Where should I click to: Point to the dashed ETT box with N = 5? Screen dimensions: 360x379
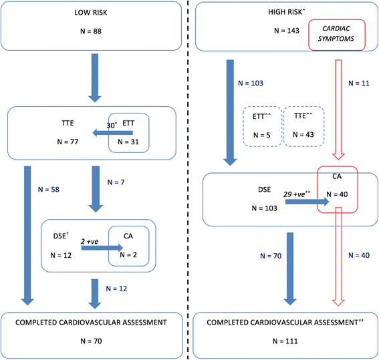261,126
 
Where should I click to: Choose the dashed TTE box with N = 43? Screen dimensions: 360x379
305,126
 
